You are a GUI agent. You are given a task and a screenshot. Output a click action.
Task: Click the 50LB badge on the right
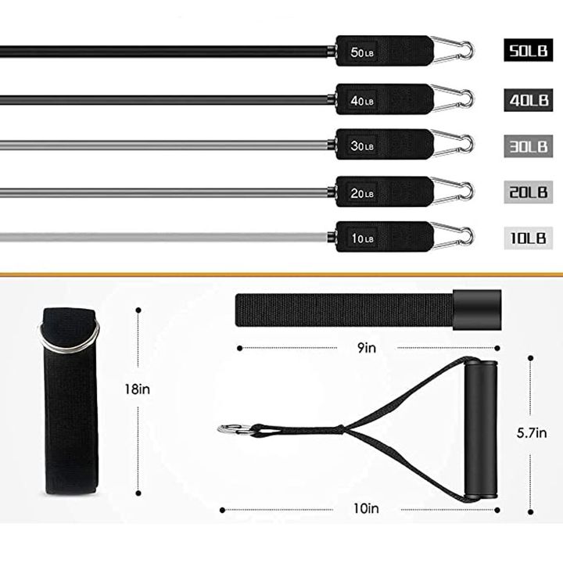[x=528, y=50]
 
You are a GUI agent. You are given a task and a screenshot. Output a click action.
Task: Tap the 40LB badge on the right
[x=528, y=100]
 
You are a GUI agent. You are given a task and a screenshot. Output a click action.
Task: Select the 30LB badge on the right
[x=528, y=146]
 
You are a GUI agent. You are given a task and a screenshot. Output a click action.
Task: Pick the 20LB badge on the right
[x=528, y=192]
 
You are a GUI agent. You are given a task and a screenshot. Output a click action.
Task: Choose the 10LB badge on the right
[x=528, y=238]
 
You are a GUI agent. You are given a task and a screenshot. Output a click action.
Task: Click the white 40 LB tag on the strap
[x=362, y=101]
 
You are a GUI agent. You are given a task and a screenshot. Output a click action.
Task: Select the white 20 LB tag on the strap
[x=362, y=193]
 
